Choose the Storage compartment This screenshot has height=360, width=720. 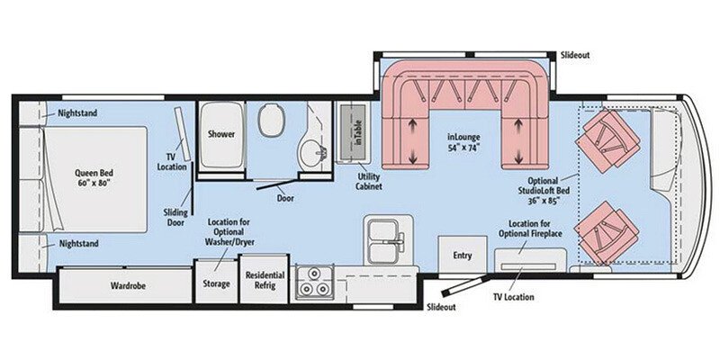[x=215, y=283]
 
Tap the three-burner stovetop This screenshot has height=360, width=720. [x=314, y=283]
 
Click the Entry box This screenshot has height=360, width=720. [x=462, y=255]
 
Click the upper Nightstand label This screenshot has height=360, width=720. [x=77, y=113]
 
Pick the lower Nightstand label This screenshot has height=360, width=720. [x=77, y=243]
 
